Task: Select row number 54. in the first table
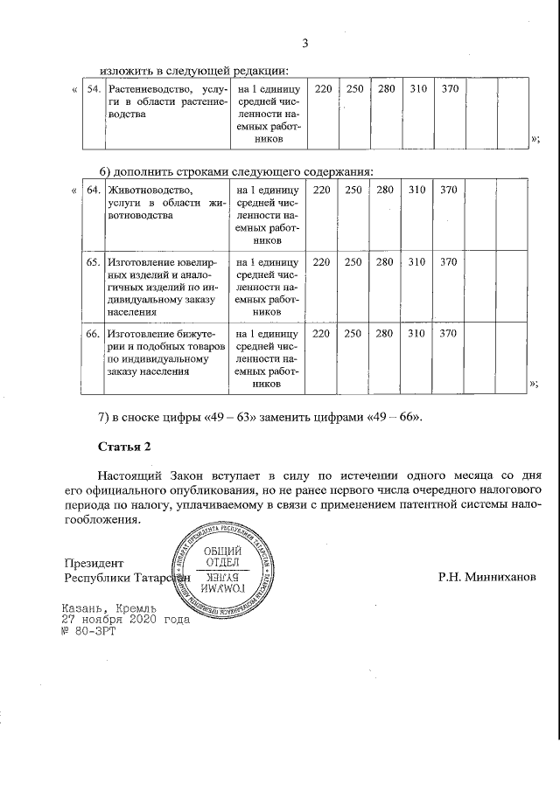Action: [x=93, y=90]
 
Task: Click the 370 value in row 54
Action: [x=449, y=90]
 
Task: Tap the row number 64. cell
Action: [x=93, y=190]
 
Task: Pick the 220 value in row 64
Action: [x=323, y=190]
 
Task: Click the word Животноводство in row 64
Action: [x=149, y=190]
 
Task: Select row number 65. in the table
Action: [x=93, y=261]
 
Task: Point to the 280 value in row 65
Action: [x=385, y=261]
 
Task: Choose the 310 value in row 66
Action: [x=417, y=333]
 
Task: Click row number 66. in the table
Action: [x=93, y=333]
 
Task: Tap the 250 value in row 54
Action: [x=354, y=90]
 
